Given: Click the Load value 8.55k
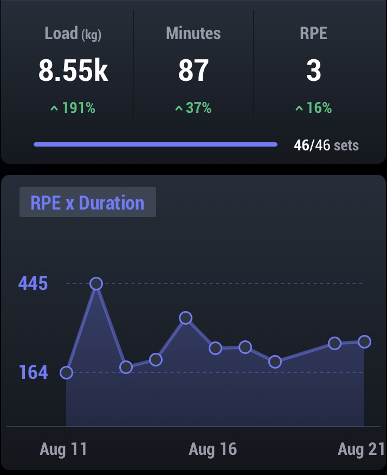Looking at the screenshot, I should [x=73, y=71].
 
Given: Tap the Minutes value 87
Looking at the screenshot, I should [x=193, y=71].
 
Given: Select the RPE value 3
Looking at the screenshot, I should [x=313, y=71].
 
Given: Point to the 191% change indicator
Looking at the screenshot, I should [x=73, y=108].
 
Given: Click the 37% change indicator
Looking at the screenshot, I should [x=193, y=108].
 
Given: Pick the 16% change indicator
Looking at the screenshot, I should [x=313, y=108].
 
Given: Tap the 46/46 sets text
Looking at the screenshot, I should [x=326, y=145].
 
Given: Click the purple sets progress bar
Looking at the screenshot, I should [x=156, y=145].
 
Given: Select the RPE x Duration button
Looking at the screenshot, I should [x=88, y=202].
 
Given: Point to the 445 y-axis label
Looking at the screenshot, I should [x=33, y=283].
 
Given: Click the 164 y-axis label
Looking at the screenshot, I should [x=33, y=372].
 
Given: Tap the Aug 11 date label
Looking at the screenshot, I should [x=63, y=449].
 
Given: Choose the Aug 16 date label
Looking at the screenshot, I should [x=213, y=449].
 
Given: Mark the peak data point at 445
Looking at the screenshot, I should [x=96, y=283].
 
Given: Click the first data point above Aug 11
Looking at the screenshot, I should [x=66, y=372].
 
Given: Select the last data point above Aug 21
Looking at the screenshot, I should [x=364, y=341].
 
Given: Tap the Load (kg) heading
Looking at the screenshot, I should [x=73, y=34].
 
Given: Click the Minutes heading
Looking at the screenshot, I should [x=193, y=34].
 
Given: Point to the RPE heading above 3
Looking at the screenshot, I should [x=313, y=34].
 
